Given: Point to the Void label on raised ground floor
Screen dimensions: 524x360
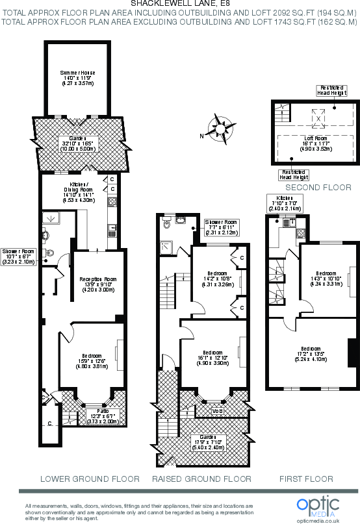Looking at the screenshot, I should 217,410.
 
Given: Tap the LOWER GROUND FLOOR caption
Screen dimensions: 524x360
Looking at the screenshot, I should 90,479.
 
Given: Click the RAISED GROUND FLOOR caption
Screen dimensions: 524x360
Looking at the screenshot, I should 201,479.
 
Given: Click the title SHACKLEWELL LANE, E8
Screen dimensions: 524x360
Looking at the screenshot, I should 180,4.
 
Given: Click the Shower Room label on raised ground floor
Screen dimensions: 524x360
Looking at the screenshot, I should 222,227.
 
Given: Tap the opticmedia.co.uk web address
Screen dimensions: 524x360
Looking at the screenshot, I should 318,520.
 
